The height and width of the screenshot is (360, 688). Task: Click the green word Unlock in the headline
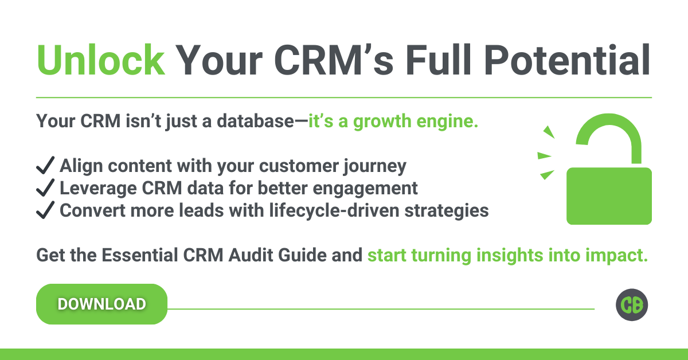click(101, 60)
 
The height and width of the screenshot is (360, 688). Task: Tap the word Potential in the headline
click(567, 60)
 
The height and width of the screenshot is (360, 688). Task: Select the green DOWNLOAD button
click(101, 304)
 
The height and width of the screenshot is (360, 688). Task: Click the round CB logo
click(632, 305)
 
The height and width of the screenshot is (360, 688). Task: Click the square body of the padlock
click(609, 196)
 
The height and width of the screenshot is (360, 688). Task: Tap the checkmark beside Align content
click(45, 165)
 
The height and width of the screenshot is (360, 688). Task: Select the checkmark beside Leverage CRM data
click(45, 187)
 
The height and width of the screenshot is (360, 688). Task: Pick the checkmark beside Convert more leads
click(45, 210)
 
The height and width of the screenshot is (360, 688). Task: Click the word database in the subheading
click(255, 121)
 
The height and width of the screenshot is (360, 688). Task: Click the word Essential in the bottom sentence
click(140, 255)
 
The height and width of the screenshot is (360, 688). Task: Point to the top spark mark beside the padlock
click(549, 132)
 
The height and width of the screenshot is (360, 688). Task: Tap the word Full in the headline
click(438, 60)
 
